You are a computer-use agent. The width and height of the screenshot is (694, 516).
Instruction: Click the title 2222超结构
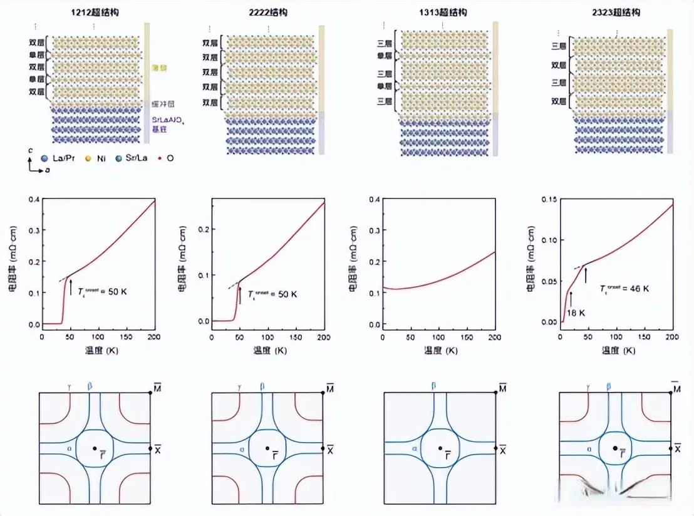pos(267,13)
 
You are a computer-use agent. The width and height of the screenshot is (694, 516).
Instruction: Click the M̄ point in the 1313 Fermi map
pos(495,392)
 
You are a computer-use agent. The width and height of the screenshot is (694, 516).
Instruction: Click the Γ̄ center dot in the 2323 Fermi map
pos(614,448)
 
